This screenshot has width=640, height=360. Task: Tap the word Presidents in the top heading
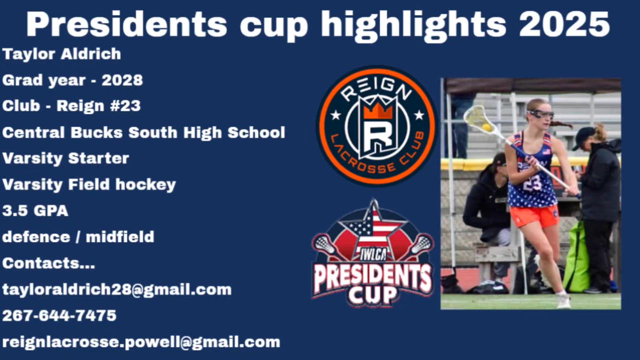127,24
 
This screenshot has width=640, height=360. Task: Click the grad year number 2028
122,80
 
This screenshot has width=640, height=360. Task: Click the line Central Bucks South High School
143,133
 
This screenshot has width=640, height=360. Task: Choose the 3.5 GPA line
35,211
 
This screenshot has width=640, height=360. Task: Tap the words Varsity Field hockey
89,185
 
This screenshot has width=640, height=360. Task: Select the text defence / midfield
78,237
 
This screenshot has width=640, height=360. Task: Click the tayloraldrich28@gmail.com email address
117,289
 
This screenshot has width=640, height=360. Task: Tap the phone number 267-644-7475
59,315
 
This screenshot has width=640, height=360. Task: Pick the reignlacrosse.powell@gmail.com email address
141,342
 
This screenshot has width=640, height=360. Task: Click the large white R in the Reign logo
377,133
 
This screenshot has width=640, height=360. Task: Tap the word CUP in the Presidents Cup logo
373,295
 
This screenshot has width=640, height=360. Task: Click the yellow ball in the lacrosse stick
486,127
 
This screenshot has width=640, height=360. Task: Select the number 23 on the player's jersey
532,183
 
